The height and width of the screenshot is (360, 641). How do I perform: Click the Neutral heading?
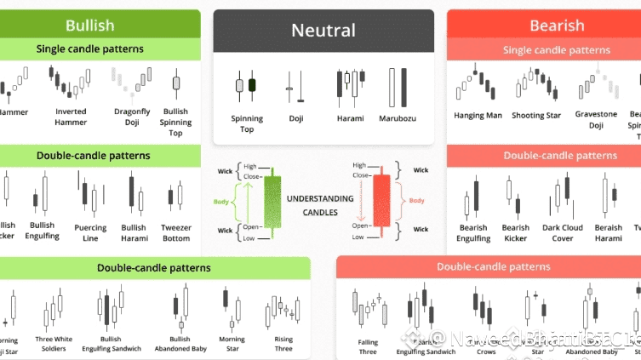pos(323,31)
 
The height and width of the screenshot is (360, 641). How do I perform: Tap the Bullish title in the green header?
pos(89,25)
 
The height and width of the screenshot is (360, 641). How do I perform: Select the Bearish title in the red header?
pos(557,26)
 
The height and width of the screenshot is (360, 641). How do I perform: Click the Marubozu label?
pos(397,118)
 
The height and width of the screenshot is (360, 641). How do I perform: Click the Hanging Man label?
pos(478,115)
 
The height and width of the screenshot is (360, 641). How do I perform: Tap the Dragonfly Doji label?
pos(131,117)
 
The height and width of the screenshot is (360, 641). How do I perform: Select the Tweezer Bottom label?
pos(176,232)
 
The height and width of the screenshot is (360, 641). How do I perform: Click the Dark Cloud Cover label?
pos(563,232)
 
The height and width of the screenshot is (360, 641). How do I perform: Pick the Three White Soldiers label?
pos(54,344)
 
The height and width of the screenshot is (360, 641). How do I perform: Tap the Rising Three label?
pos(283,344)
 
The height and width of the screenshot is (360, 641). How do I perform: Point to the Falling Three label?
pos(368,347)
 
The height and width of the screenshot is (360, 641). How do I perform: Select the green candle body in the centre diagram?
pos(272,201)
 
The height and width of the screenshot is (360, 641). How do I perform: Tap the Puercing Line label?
pos(90,232)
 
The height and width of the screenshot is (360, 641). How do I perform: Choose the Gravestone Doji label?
pos(596,119)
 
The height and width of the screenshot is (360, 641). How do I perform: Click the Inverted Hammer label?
pos(71,117)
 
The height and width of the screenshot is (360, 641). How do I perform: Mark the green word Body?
pos(220,201)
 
